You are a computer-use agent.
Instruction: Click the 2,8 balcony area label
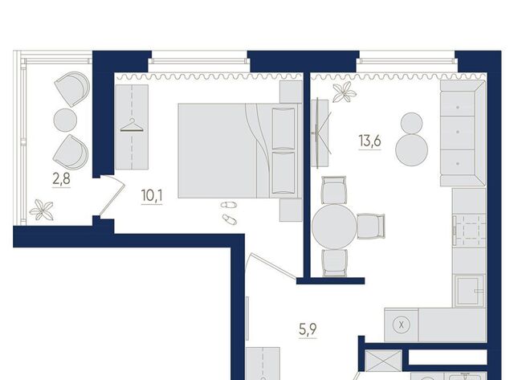point(61,179)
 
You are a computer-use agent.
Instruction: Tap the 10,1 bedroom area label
point(152,196)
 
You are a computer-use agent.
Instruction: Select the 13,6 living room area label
point(370,141)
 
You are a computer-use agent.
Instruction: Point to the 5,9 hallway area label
point(308,329)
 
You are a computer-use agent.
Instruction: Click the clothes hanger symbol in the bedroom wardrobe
point(132,125)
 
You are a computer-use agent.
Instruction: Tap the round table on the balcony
point(65,121)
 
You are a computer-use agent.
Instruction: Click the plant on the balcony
point(41,210)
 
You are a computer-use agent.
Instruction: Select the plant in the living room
point(345,92)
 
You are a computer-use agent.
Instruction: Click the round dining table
point(334,227)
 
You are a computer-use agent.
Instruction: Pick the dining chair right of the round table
point(370,227)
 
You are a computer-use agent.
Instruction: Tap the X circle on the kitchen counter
point(402,325)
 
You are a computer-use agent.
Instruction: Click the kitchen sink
point(469,291)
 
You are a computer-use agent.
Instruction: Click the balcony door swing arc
point(112,196)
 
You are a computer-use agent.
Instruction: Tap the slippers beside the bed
point(229,212)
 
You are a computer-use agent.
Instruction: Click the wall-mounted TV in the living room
point(317,133)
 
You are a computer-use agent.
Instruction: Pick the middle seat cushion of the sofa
point(457,132)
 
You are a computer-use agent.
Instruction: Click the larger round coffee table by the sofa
point(412,149)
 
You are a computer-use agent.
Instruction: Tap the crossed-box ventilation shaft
point(383,361)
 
